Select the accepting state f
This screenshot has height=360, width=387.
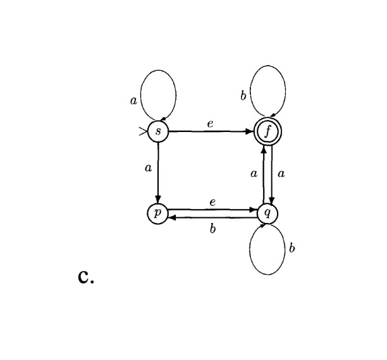click(x=267, y=133)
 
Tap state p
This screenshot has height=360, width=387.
click(x=157, y=213)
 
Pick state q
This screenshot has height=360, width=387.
click(x=267, y=213)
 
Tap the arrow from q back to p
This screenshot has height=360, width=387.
click(x=212, y=217)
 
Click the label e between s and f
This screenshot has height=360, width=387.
click(x=210, y=124)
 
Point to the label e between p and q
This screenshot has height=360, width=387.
click(x=212, y=202)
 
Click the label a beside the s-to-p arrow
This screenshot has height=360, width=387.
click(x=147, y=169)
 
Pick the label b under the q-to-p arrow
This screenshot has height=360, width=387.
click(x=212, y=229)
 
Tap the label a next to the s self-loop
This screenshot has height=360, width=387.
click(x=133, y=102)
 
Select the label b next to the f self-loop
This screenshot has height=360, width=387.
click(x=243, y=97)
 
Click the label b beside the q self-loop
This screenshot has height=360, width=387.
click(x=292, y=248)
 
